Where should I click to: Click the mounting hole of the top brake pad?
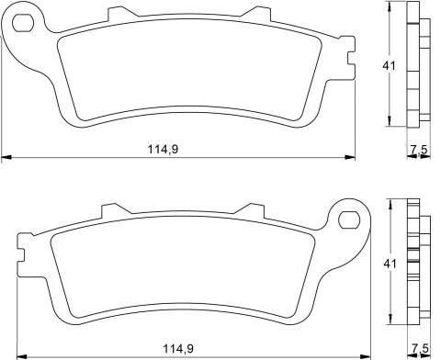(23, 23)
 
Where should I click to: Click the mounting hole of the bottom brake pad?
(349, 219)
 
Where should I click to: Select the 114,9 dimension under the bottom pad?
(178, 349)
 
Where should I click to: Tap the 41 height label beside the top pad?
(390, 66)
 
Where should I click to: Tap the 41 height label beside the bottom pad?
(390, 264)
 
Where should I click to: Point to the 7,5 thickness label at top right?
(419, 150)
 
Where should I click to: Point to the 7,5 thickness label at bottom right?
(420, 348)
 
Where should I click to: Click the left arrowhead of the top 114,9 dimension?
(6, 157)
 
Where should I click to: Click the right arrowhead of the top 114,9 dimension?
(350, 157)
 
